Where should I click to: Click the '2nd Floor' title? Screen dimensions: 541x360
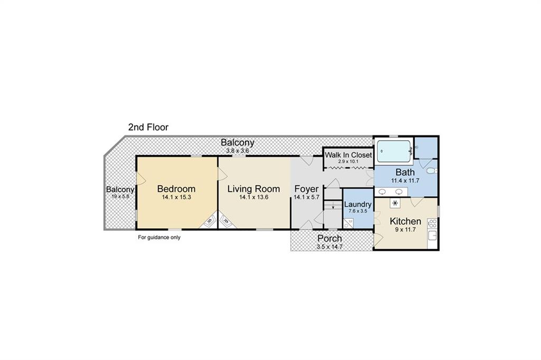click(148, 127)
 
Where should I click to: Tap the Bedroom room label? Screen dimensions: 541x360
click(176, 189)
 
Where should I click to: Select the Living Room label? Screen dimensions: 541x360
click(254, 189)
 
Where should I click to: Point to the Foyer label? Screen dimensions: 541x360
click(306, 189)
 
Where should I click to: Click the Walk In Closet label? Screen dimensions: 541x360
click(349, 155)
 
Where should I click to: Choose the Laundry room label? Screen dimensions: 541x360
click(358, 205)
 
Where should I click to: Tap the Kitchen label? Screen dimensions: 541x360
click(405, 221)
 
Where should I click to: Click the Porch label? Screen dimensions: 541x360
click(330, 238)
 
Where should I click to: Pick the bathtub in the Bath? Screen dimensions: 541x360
click(394, 151)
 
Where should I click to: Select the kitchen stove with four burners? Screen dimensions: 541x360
click(432, 224)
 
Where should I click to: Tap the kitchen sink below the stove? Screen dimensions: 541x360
click(432, 236)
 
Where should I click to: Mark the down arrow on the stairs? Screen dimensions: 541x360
click(333, 207)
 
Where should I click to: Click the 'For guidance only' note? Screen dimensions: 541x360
click(159, 237)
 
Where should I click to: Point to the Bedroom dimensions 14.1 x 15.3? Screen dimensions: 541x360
click(176, 197)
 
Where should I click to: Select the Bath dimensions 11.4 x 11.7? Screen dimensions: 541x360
click(405, 180)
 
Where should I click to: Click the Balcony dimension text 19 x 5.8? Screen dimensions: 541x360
click(120, 197)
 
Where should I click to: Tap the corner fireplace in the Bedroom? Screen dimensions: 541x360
click(209, 221)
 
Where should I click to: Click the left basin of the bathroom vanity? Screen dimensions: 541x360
click(383, 191)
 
